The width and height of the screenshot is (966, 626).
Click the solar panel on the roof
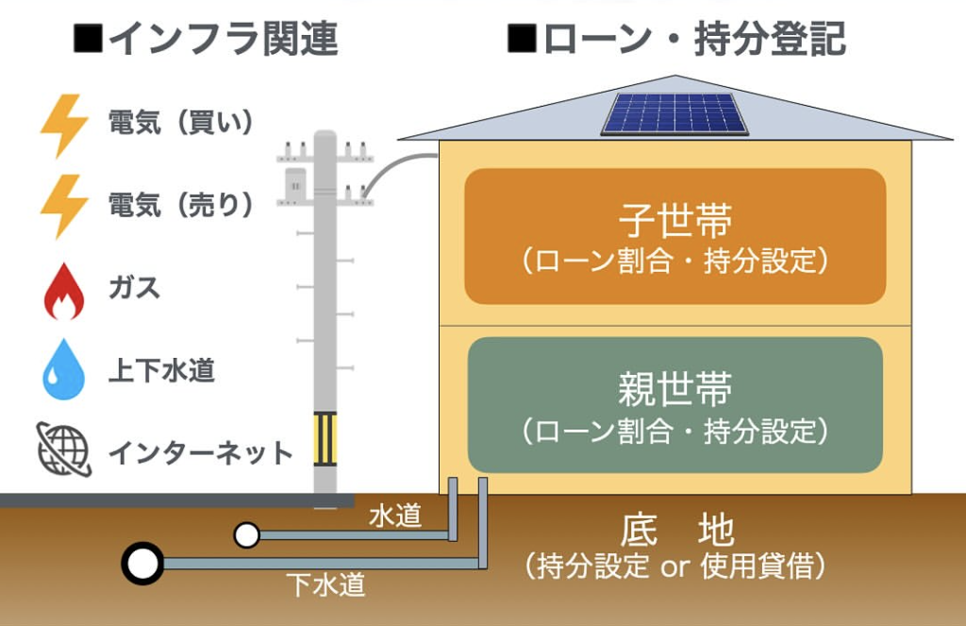(x=675, y=113)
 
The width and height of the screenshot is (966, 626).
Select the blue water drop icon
(x=63, y=370)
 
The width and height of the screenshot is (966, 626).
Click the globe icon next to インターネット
(x=63, y=448)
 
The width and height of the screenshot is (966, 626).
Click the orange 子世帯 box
(x=675, y=236)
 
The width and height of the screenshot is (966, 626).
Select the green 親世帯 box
(x=675, y=404)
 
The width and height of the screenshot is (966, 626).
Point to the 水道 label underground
(x=394, y=516)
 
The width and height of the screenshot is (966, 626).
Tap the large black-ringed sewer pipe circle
(x=142, y=565)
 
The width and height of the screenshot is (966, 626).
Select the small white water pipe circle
(x=247, y=536)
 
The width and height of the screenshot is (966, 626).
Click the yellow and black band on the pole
(x=325, y=440)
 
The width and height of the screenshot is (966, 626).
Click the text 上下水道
(x=161, y=370)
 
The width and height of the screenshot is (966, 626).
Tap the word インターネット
(x=201, y=452)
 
